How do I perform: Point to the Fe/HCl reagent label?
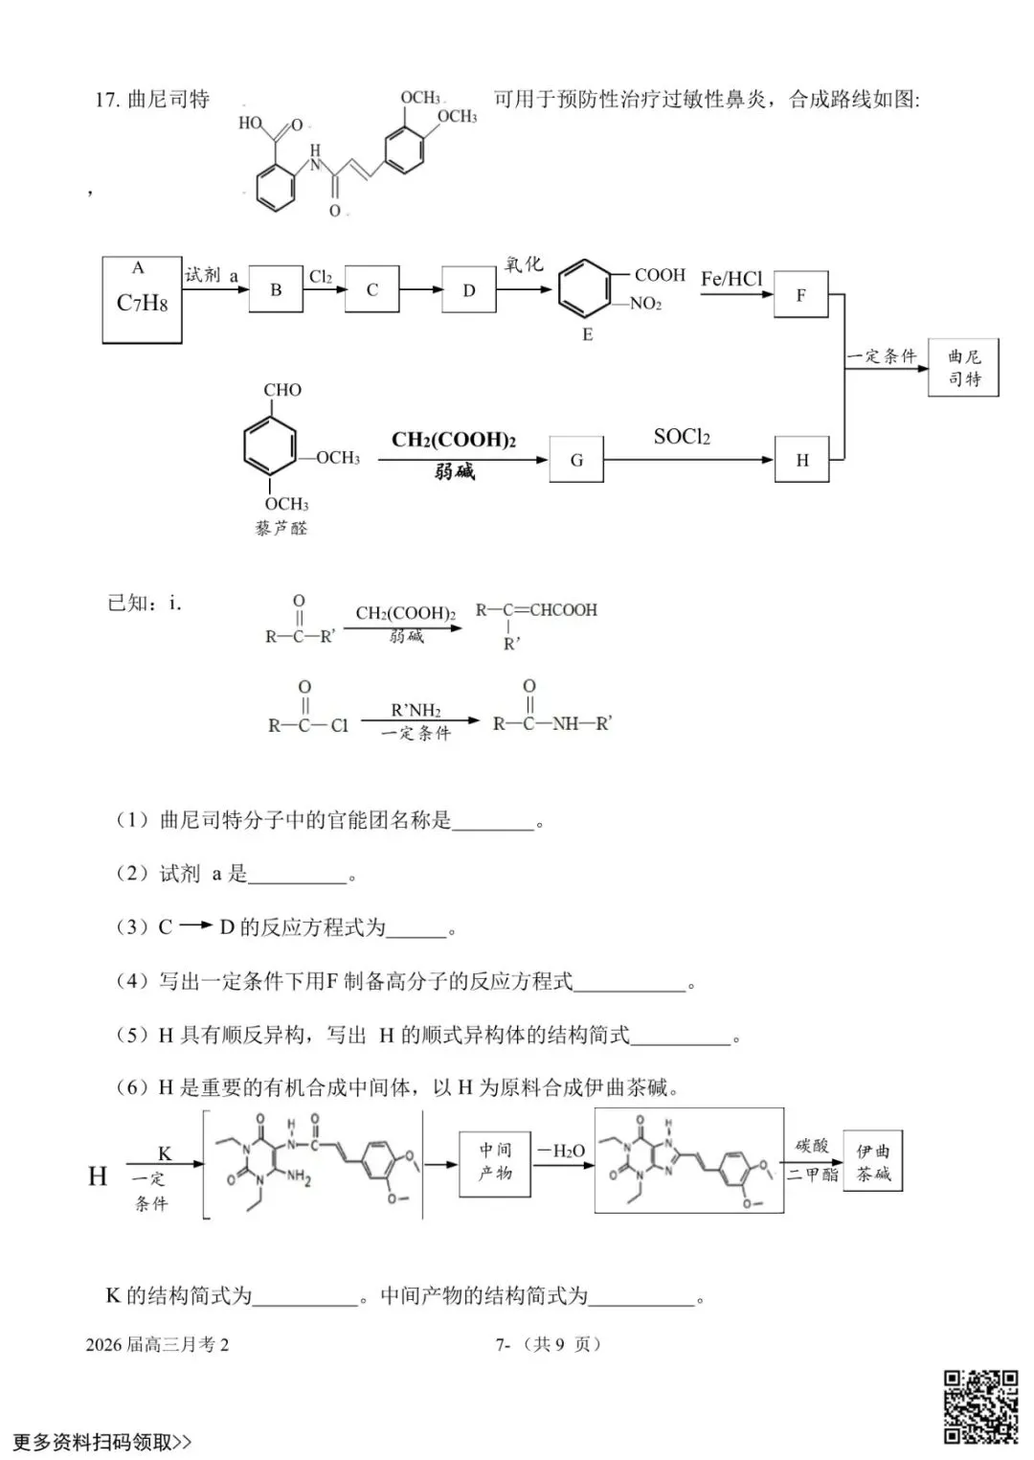tap(731, 279)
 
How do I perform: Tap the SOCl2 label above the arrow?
tap(682, 437)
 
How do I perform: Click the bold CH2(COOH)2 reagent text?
tap(454, 440)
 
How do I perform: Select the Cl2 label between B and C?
tap(321, 277)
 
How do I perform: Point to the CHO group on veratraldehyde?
tap(282, 390)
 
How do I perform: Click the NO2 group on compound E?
tap(645, 304)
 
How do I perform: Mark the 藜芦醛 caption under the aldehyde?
tap(281, 528)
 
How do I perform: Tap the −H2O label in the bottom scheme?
tap(561, 1152)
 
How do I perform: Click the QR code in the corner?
tap(981, 1406)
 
